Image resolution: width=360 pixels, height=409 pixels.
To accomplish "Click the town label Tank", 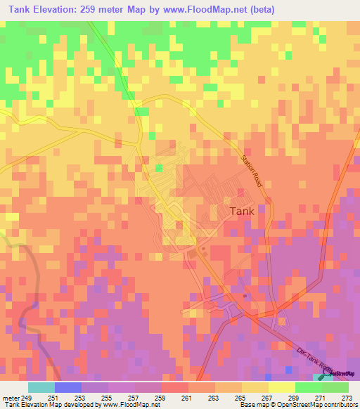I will point(241,210).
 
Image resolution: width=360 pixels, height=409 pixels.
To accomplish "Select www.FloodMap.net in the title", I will point(209,10).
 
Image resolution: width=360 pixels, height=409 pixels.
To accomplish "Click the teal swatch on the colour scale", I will point(41,388).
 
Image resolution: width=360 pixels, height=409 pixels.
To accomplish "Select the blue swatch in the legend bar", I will point(67,388).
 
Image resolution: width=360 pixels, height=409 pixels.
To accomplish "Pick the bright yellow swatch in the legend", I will point(281,388).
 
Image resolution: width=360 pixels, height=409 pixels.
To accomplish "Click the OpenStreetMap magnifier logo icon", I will point(326,372).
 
